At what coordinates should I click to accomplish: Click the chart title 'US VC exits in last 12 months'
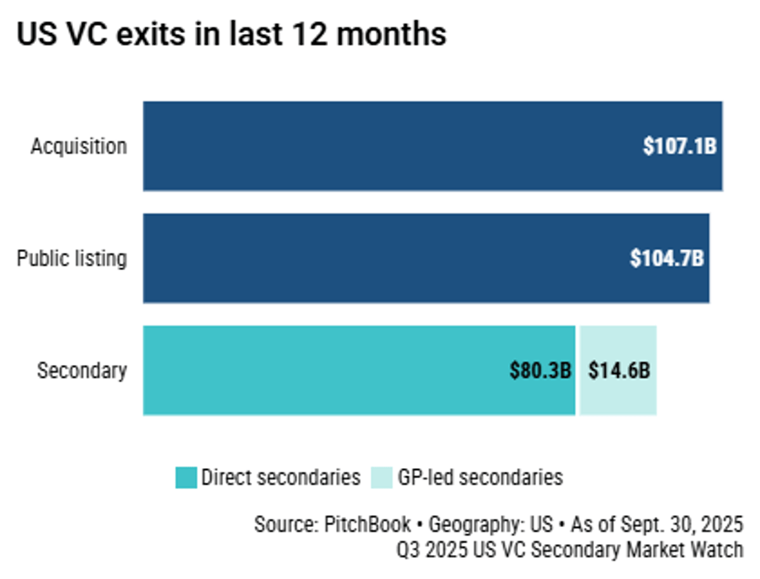(231, 35)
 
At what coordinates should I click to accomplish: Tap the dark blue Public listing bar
(380, 258)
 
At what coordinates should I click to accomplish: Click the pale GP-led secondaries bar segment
(617, 371)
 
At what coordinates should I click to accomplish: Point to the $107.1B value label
(680, 146)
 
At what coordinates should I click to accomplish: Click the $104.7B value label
(667, 258)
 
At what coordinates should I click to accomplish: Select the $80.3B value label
(540, 371)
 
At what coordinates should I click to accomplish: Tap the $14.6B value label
(619, 371)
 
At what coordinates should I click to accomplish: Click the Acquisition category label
(79, 146)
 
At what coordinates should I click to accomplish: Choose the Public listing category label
(72, 258)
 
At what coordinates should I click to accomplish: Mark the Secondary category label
(82, 371)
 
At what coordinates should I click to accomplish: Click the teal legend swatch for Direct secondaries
(186, 477)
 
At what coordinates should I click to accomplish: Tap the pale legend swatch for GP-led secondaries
(382, 477)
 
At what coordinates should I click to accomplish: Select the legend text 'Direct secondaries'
(281, 477)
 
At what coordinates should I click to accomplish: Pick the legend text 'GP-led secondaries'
(480, 477)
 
